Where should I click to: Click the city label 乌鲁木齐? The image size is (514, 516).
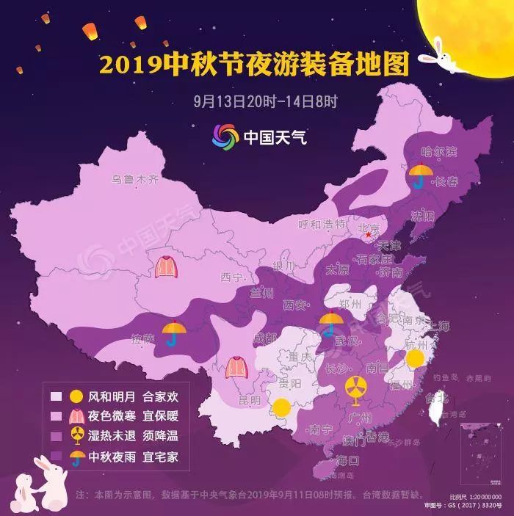coord(134,178)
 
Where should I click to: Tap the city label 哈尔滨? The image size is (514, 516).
coord(439,152)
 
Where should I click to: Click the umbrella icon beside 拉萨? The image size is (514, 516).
coord(174,333)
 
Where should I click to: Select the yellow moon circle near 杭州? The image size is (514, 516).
coord(416,359)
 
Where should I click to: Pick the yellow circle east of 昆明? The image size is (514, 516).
coord(281,408)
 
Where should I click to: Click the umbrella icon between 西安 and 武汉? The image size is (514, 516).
coord(331,324)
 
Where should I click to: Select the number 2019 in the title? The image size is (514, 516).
coord(129,65)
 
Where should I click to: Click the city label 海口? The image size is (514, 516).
coord(347,461)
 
